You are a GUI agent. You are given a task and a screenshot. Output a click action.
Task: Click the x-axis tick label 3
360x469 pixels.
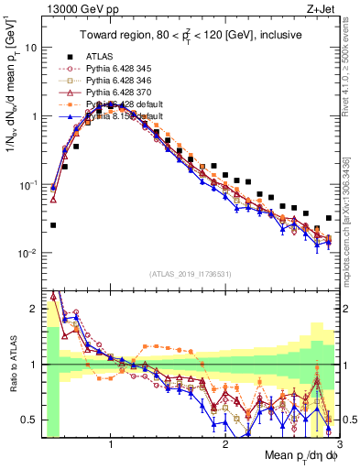coord(340,444)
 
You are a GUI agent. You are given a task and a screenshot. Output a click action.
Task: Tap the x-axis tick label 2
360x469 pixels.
coord(225,444)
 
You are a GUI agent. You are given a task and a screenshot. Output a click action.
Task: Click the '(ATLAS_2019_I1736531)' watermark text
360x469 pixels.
coord(190,274)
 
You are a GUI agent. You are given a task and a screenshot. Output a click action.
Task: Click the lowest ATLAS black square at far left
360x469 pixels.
coord(53,225)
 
